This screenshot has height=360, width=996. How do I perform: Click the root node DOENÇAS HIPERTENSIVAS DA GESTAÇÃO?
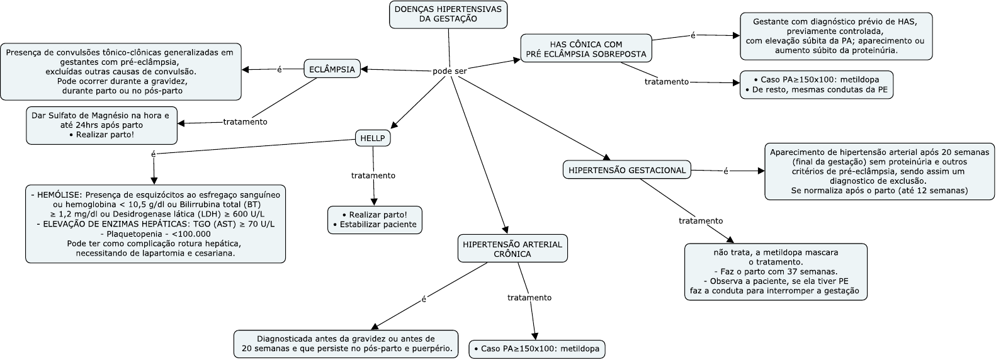448,14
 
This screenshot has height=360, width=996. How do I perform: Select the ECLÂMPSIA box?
332,69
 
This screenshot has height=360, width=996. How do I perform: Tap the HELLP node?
372,138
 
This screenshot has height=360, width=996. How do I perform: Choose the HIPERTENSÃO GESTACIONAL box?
626,170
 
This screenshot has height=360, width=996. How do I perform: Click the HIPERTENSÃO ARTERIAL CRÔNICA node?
512,249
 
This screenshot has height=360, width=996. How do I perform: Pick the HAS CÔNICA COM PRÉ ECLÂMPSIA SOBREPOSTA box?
586,49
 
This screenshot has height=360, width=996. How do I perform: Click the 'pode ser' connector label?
450,71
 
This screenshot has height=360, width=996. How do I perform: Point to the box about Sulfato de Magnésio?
101,125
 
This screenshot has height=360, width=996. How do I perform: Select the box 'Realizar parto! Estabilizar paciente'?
375,219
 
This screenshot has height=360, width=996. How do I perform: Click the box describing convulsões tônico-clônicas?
120,71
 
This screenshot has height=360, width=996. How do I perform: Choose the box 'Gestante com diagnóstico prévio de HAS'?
835,36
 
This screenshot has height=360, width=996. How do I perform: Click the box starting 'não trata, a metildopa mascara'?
776,271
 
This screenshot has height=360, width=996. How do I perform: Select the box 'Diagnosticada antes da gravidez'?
346,343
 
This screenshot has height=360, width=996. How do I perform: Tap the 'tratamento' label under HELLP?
373,176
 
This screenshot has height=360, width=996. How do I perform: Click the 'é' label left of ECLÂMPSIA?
280,69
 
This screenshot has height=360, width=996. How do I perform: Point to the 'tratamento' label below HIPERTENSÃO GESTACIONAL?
701,221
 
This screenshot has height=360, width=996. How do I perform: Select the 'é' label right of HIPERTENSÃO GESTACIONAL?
725,171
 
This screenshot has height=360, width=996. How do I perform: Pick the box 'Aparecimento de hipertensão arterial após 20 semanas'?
880,171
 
